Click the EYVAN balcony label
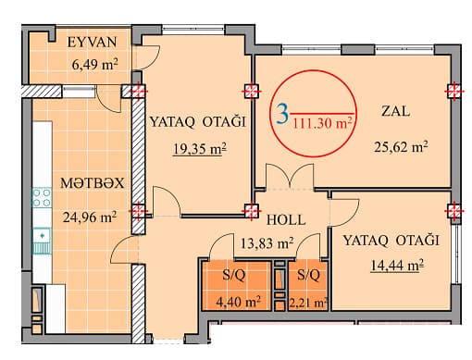point(93,43)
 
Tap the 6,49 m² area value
point(94,65)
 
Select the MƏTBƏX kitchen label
point(93,183)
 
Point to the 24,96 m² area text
point(90,217)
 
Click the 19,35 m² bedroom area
point(200,149)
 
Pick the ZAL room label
point(396,111)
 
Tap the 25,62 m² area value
point(401,147)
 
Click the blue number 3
point(282,114)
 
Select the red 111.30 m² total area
point(322,123)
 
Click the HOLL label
point(286,220)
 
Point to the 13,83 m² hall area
point(267,243)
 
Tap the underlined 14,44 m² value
point(396,266)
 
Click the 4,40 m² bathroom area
point(238,302)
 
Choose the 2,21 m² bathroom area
point(308,304)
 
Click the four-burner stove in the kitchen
point(42,197)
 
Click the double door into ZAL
point(290,177)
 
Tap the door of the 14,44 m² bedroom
point(344,213)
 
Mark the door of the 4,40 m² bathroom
point(221,246)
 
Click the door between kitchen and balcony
point(108,99)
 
